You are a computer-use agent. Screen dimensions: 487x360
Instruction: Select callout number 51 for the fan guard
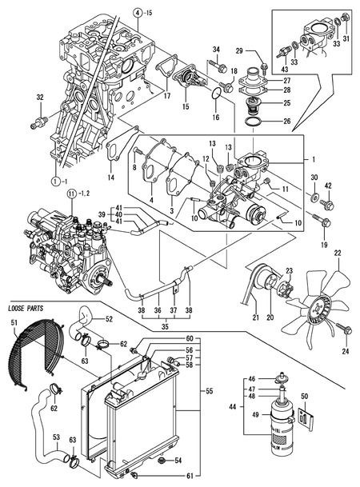coord(13,322)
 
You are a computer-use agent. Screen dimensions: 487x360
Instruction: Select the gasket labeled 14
coord(114,157)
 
